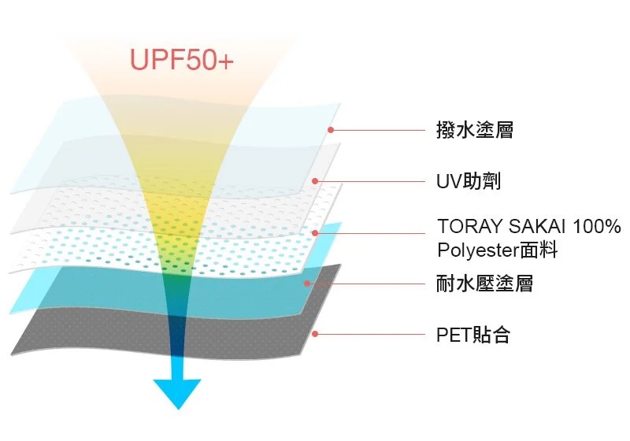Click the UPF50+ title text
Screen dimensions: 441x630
click(x=181, y=60)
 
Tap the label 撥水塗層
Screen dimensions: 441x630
click(x=474, y=130)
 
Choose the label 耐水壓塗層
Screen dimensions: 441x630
click(x=484, y=283)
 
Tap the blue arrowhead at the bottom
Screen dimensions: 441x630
click(x=177, y=391)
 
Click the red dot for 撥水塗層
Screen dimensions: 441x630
click(x=331, y=130)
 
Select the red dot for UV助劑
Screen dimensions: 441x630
click(x=315, y=182)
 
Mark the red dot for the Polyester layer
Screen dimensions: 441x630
click(x=315, y=233)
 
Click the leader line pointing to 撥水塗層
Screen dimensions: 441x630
click(x=378, y=130)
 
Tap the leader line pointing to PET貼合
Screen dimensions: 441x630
click(x=370, y=334)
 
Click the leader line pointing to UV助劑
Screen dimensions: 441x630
click(x=370, y=182)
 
